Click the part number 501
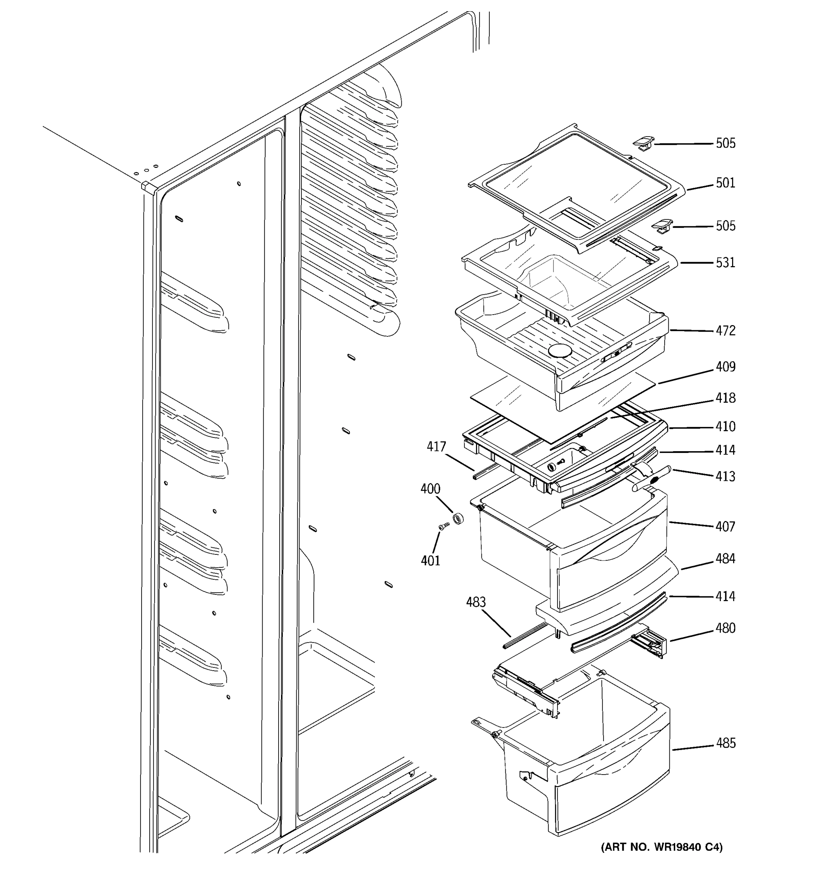coord(726,183)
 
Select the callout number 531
coord(726,263)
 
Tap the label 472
coord(726,331)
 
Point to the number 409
coord(726,367)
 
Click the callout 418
coord(726,398)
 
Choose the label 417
coord(436,447)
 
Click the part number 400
coord(430,489)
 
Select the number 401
coord(430,561)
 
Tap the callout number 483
coord(476,603)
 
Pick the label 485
coord(726,743)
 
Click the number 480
coord(726,628)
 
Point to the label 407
coord(726,527)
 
